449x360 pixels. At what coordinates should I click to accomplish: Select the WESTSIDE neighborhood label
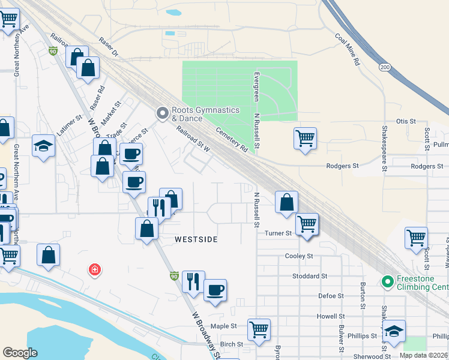(x=196, y=239)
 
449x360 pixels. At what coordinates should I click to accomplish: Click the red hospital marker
(x=94, y=270)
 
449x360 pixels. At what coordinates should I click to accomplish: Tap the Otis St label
(x=406, y=121)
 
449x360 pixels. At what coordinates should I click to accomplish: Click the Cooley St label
(x=299, y=256)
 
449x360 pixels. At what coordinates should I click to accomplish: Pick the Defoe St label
(x=331, y=296)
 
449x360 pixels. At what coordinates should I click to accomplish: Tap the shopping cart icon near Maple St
(x=259, y=328)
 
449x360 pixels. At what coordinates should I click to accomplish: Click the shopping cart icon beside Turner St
(x=307, y=224)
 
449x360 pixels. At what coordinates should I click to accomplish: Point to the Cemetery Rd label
(x=232, y=137)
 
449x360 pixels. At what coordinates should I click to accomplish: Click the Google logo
(x=20, y=353)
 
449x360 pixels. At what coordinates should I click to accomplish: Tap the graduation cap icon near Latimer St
(x=44, y=145)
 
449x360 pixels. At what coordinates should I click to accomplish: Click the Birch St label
(x=231, y=344)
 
